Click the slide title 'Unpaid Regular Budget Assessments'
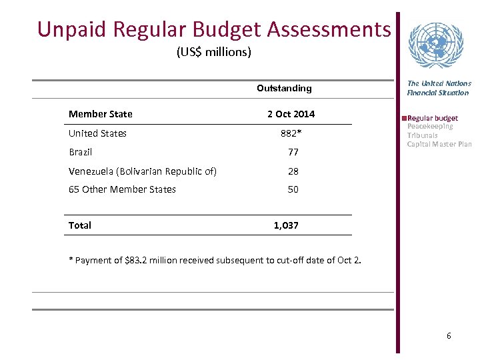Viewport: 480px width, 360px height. (214, 29)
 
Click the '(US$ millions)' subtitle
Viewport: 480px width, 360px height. (213, 51)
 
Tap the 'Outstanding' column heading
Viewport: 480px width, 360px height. (284, 88)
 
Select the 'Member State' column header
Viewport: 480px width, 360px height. (100, 114)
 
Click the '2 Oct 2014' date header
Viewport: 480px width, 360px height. (291, 114)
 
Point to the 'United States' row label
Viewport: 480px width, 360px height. (97, 133)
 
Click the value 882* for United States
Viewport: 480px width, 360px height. (291, 133)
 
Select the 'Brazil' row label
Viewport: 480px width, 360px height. (80, 152)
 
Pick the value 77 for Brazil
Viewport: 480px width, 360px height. (293, 152)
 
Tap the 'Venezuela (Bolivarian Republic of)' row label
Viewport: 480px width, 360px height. (142, 171)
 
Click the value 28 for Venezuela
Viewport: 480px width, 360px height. (293, 171)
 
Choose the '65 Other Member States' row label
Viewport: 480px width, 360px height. (122, 189)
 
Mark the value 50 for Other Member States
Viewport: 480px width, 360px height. (293, 189)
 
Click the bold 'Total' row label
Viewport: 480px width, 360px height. (80, 225)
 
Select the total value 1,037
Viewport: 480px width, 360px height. (286, 225)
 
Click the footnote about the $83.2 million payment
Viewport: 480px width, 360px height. (215, 260)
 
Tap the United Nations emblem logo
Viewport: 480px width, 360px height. (435, 45)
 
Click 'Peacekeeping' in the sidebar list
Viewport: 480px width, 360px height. (430, 126)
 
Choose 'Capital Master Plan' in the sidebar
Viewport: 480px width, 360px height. (439, 144)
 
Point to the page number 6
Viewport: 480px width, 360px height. (449, 335)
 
